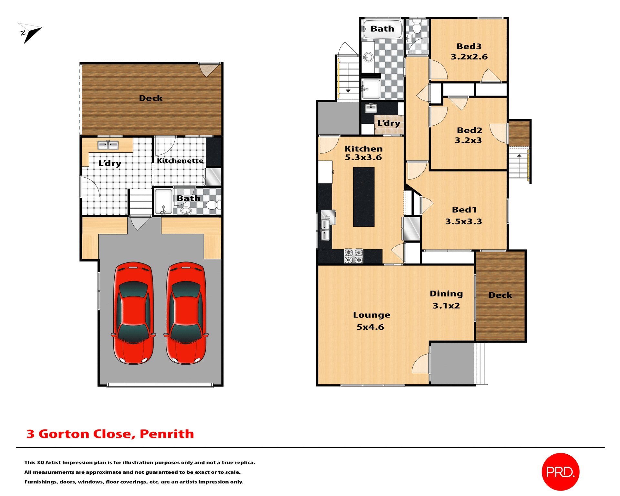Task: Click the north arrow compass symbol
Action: [x=30, y=33]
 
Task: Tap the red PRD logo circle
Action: [x=560, y=472]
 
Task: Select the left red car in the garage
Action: [x=133, y=313]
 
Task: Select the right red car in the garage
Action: [x=186, y=313]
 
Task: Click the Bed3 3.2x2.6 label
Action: [x=469, y=52]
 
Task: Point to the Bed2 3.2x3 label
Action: [x=469, y=135]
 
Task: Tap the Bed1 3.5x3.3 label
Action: [x=464, y=215]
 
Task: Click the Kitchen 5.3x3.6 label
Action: [x=363, y=153]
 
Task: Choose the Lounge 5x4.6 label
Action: [x=371, y=321]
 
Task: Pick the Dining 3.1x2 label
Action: [x=446, y=299]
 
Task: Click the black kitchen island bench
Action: [x=364, y=197]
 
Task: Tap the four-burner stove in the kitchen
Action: [x=354, y=256]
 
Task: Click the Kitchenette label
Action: [x=180, y=161]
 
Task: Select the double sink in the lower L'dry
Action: [x=108, y=145]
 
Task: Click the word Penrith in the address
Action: [x=167, y=434]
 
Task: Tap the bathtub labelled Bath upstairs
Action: [x=383, y=29]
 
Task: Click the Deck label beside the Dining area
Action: [x=500, y=295]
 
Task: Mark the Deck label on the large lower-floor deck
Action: [x=151, y=98]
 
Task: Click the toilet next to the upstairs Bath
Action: [x=417, y=27]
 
